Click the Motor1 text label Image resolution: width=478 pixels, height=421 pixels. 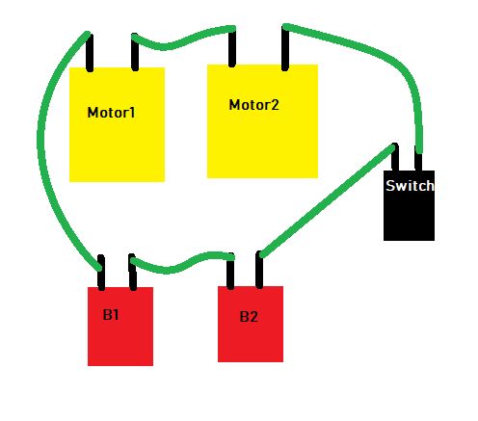[x=111, y=113]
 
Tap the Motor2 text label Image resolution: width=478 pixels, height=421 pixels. [x=253, y=105]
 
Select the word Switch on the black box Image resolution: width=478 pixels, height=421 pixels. [x=410, y=186]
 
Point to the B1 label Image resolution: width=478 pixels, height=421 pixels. [x=111, y=315]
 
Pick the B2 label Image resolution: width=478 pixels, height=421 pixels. [x=249, y=317]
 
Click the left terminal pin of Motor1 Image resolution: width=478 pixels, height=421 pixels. [x=90, y=52]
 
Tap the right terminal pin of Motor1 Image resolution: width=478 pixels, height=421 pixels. [x=135, y=52]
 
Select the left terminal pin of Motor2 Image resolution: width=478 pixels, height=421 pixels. [x=232, y=47]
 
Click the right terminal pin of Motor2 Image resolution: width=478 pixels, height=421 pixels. [x=285, y=48]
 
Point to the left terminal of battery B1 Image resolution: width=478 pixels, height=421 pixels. [x=101, y=273]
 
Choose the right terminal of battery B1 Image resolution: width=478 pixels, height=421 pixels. [x=132, y=272]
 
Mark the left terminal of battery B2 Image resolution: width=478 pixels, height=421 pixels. [x=230, y=272]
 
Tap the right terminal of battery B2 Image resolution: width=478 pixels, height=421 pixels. [x=259, y=270]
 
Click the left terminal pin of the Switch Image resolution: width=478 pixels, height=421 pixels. [x=395, y=157]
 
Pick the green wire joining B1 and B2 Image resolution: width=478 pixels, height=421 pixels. [x=180, y=262]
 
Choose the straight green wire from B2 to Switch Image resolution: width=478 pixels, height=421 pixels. [x=328, y=200]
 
